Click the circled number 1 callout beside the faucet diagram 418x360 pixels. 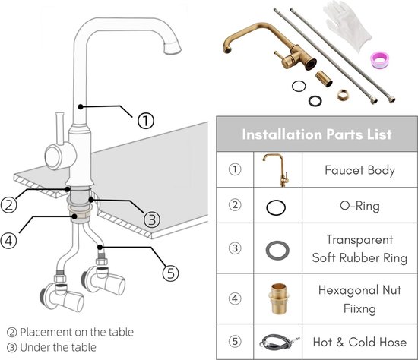click(x=146, y=121)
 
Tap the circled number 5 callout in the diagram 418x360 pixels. click(x=170, y=273)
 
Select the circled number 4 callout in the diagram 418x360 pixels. click(x=8, y=241)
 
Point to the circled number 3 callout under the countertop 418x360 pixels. click(x=152, y=219)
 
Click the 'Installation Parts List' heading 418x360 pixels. click(x=317, y=134)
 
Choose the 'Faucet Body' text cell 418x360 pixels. click(x=359, y=170)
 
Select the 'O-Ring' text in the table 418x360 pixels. click(x=359, y=206)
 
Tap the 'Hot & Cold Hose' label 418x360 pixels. click(x=359, y=342)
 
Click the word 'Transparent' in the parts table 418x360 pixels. click(x=359, y=239)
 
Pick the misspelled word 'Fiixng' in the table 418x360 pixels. click(x=359, y=308)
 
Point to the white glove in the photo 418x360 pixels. click(x=347, y=24)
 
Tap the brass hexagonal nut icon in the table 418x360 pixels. click(x=278, y=298)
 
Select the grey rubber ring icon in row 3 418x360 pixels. click(x=277, y=242)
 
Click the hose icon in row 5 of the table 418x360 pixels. click(x=279, y=342)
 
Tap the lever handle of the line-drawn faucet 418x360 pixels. click(x=60, y=128)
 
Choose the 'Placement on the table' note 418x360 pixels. click(x=70, y=333)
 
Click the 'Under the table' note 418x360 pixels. click(x=52, y=348)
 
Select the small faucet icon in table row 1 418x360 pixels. click(x=277, y=169)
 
